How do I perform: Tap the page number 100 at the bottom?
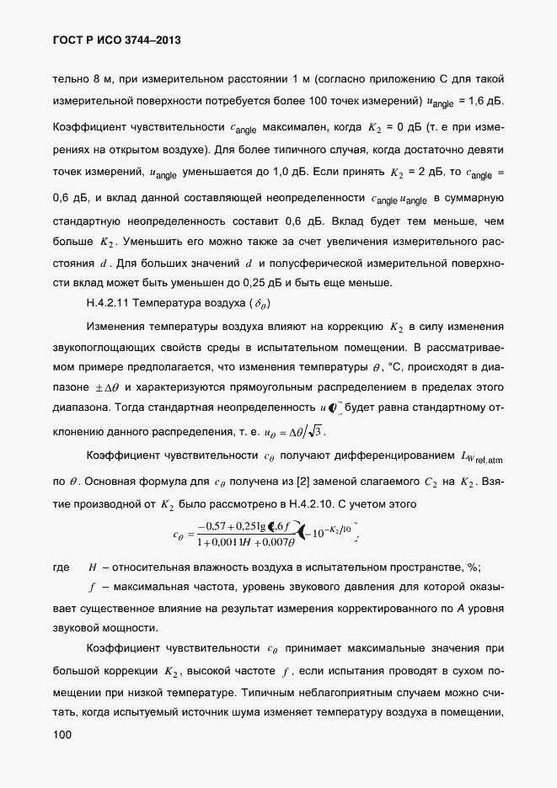(62, 735)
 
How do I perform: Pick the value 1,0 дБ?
(277, 173)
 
